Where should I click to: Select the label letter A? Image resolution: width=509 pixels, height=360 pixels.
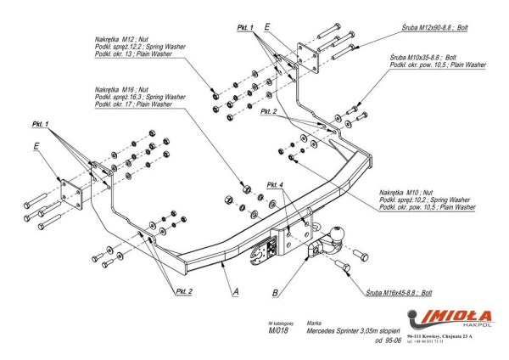tap(235, 290)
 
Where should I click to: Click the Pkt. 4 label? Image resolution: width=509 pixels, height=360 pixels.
tap(274, 184)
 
